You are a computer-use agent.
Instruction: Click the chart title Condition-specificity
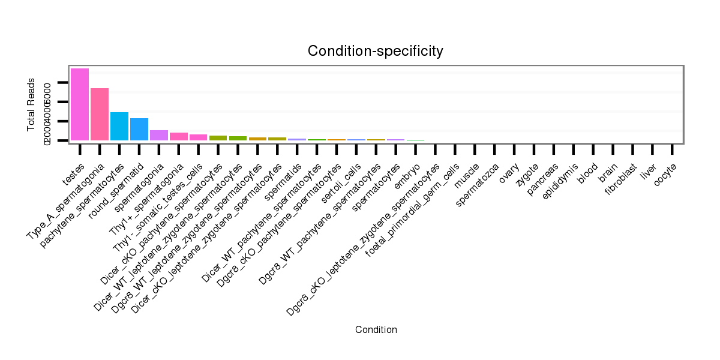point(375,51)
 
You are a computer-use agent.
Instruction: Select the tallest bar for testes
point(80,104)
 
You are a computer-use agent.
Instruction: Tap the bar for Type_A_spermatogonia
point(100,114)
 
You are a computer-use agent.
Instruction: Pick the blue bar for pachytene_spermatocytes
point(119,126)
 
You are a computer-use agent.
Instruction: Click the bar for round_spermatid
point(139,129)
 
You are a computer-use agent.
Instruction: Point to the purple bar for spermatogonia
point(159,135)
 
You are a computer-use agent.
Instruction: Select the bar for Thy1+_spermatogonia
point(179,136)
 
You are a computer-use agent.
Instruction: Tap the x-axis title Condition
point(376,329)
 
